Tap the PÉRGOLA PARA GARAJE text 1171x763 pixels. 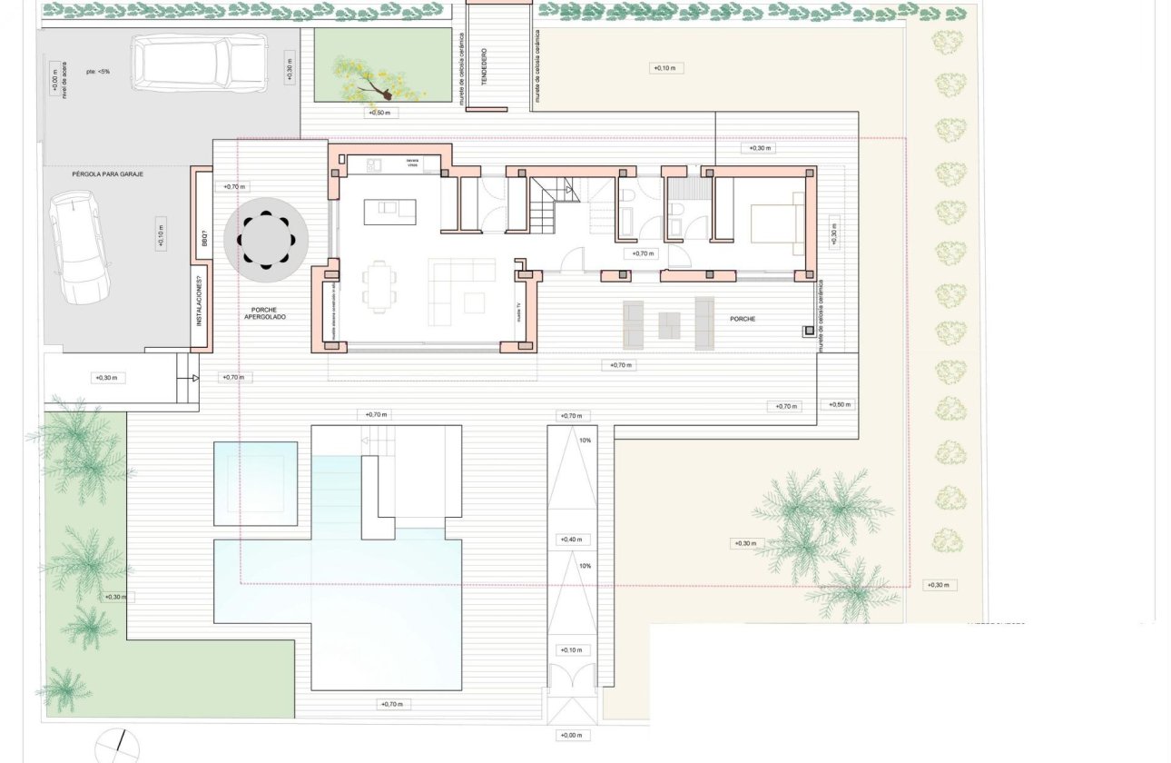click(107, 173)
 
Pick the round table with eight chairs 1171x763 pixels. click(266, 239)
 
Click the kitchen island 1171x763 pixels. click(389, 211)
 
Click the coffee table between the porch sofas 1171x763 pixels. click(669, 324)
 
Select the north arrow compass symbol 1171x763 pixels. click(117, 746)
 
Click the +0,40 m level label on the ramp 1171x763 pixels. click(571, 540)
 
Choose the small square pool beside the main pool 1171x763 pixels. click(255, 483)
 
